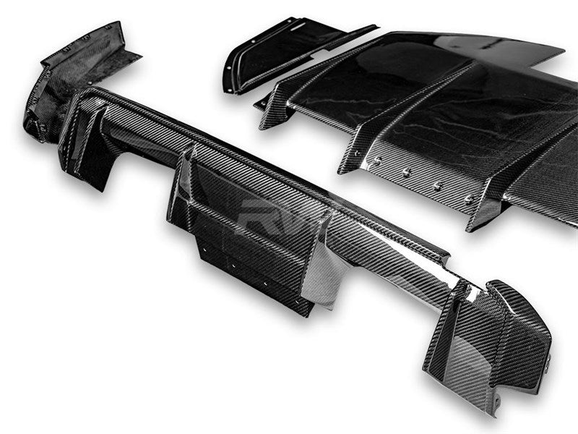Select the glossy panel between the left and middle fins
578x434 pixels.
[376, 80]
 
